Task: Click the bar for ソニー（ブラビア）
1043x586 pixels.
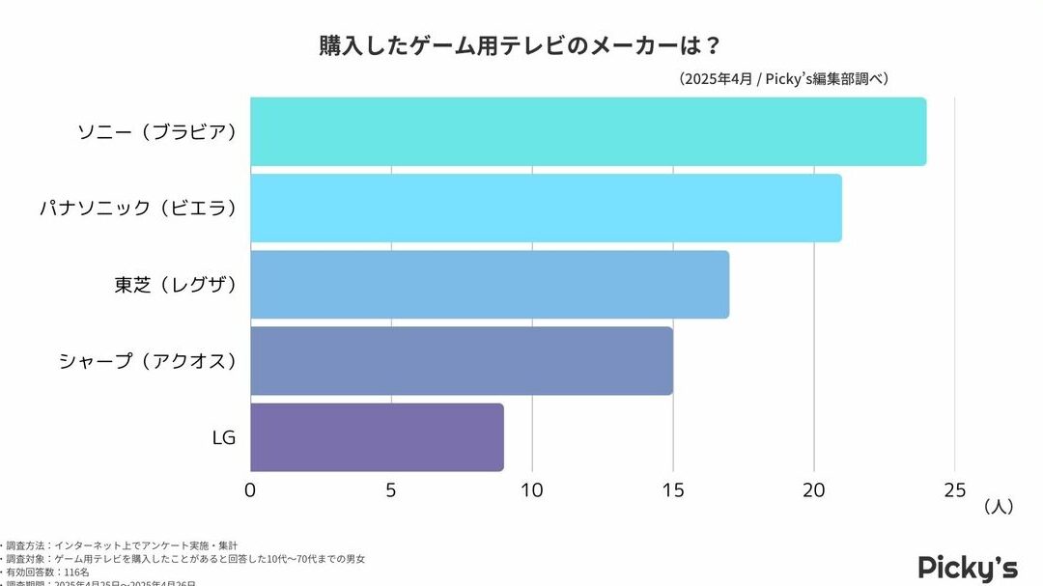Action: click(587, 131)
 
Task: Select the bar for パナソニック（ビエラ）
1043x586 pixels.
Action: click(546, 208)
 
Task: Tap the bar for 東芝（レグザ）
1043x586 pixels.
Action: click(490, 284)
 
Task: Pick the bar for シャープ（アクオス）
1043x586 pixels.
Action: click(462, 360)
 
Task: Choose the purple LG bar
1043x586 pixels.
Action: click(377, 436)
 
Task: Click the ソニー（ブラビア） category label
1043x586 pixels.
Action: click(157, 131)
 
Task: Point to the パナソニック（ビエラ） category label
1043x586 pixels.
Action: click(137, 208)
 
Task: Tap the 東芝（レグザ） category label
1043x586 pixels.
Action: click(176, 284)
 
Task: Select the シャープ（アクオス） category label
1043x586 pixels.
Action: click(147, 360)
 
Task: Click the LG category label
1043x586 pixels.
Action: click(224, 437)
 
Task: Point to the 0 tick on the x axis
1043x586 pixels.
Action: click(250, 489)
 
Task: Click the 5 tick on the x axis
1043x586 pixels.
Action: click(391, 489)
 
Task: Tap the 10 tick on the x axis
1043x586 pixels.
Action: click(532, 489)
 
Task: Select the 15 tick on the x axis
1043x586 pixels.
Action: click(673, 489)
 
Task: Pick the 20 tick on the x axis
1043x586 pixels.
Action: click(814, 489)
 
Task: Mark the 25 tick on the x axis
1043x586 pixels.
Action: click(954, 489)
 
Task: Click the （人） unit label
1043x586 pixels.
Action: click(999, 507)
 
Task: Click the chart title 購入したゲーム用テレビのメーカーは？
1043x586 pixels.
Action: click(521, 46)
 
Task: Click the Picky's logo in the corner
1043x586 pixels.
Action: click(968, 567)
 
